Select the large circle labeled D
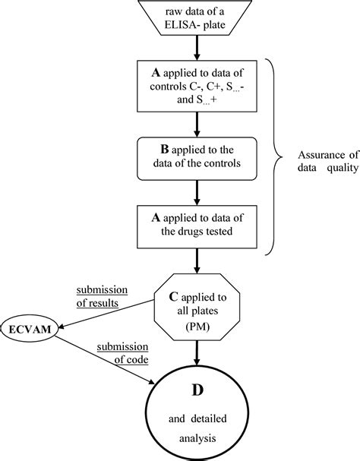click(197, 410)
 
